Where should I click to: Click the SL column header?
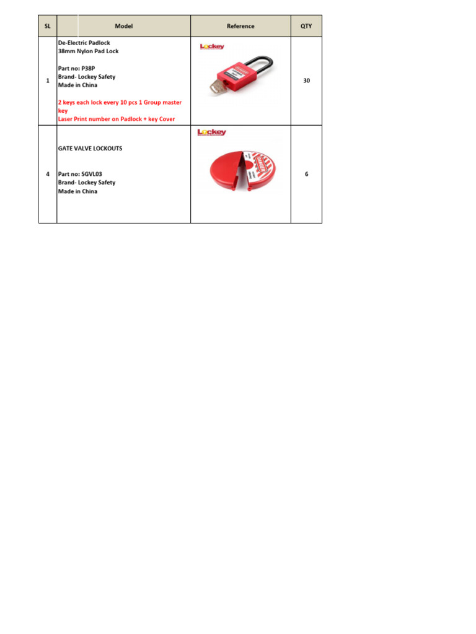point(47,26)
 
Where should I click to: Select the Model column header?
point(123,26)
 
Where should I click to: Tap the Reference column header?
point(240,26)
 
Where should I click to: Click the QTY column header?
point(306,26)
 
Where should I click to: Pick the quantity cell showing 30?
point(306,80)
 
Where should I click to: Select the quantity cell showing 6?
point(306,174)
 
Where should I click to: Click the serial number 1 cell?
point(48,80)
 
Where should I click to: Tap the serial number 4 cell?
point(48,174)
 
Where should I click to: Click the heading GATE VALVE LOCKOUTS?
point(90,149)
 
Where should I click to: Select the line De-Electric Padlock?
point(84,43)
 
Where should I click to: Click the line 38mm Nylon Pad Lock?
point(88,51)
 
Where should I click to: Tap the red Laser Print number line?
point(117,119)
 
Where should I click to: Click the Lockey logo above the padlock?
point(211,46)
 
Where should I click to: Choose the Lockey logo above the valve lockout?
point(211,132)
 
